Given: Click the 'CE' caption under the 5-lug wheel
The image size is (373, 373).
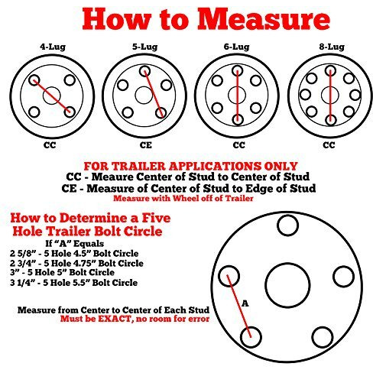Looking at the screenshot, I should (144, 142).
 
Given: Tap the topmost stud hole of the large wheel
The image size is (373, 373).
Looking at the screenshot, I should (288, 226).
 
